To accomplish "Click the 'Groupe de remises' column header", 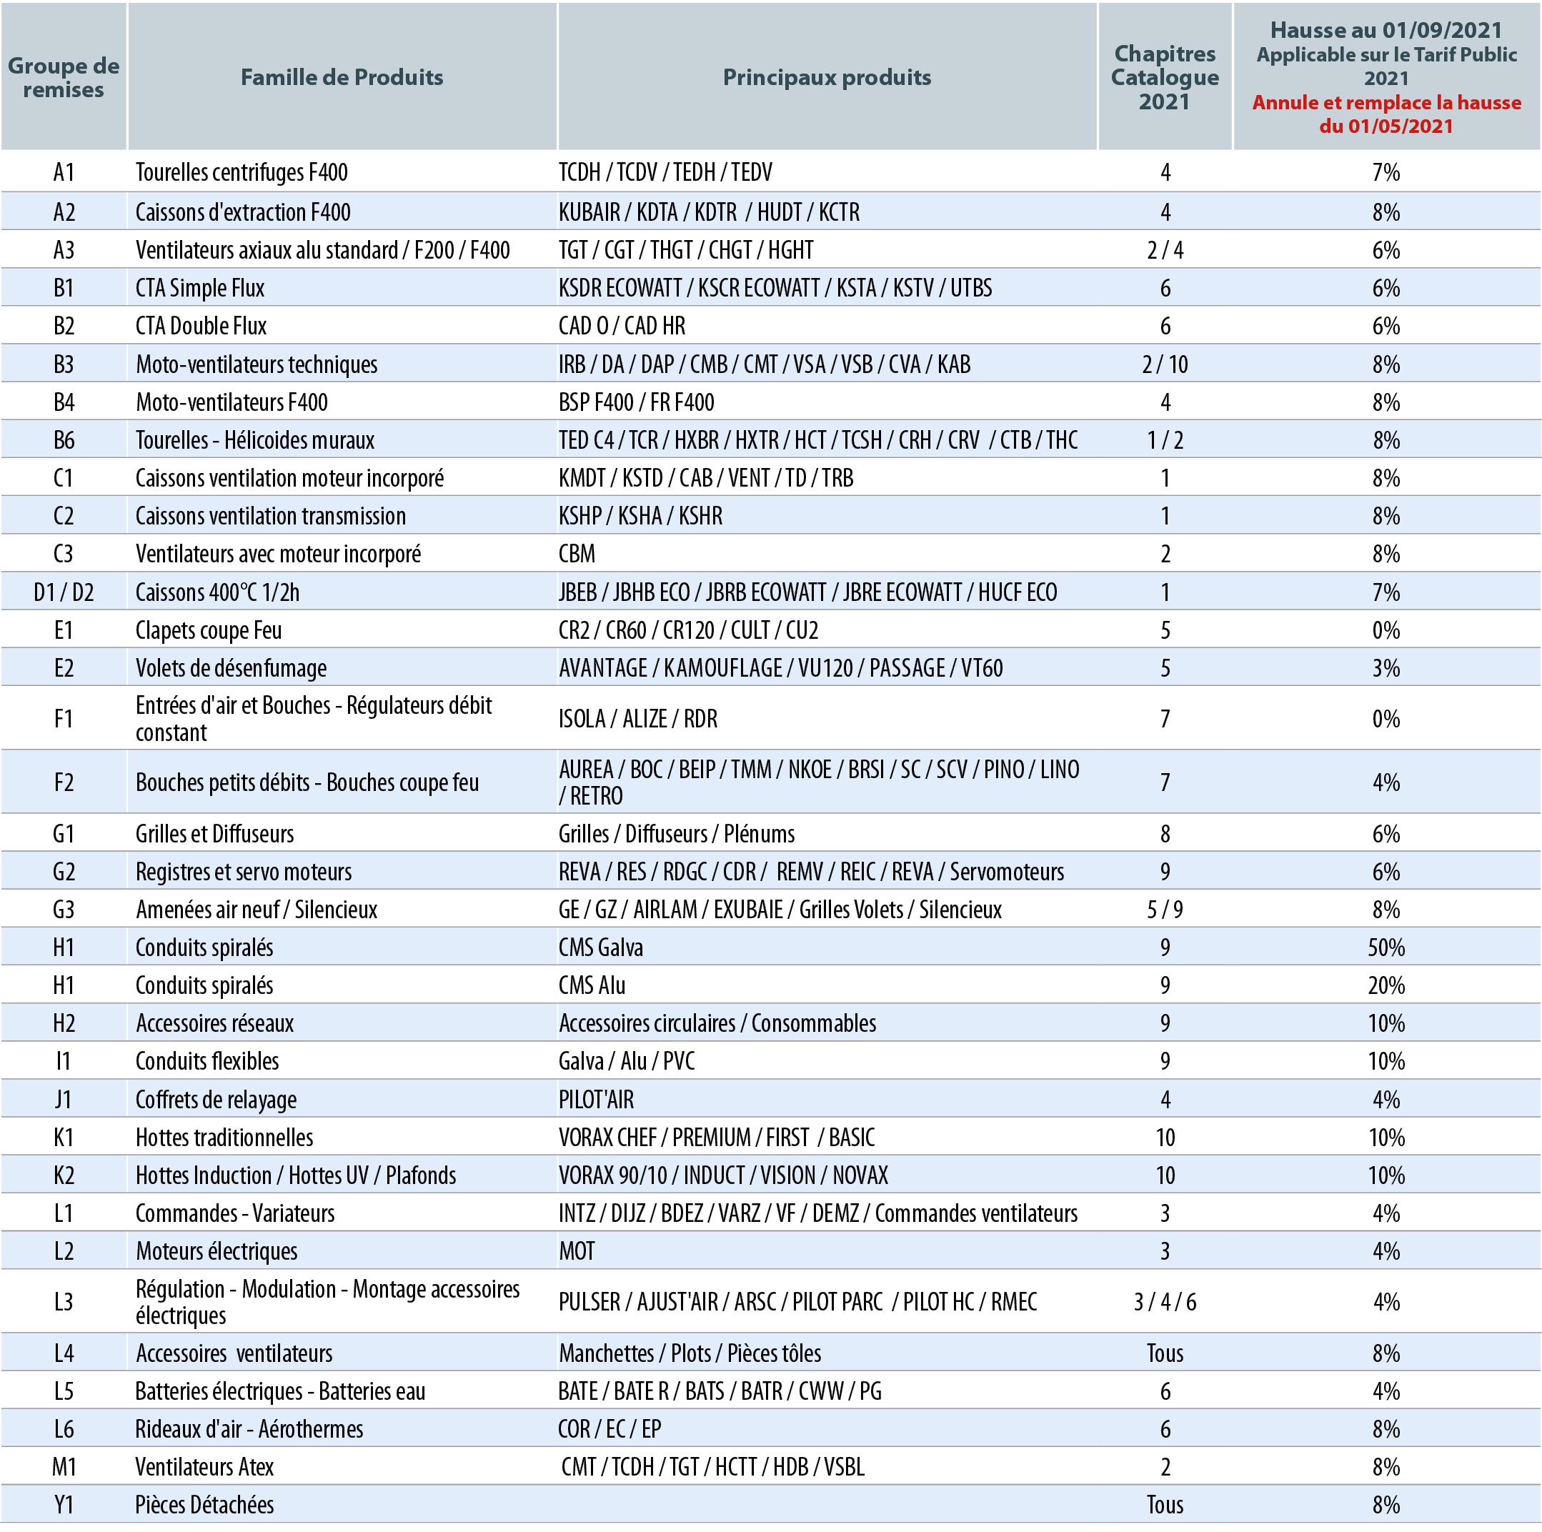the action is (64, 77).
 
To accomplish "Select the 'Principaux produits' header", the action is (827, 77).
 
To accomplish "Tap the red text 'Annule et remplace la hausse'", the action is (1386, 102).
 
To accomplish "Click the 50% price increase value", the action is (1386, 947).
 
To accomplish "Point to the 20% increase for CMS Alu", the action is (1386, 985).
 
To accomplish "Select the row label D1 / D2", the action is (64, 592).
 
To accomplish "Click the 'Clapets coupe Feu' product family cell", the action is (209, 631).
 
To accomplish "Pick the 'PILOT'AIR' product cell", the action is (596, 1099).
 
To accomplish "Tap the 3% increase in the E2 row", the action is (1386, 668).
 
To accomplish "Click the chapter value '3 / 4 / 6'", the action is (1165, 1302).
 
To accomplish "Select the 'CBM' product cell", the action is (577, 554).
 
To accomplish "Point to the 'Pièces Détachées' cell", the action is (204, 1505).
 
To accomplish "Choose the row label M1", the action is (64, 1466).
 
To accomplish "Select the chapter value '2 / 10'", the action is (1165, 365).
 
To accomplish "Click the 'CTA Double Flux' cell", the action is (201, 327).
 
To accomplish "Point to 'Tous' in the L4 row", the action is (1165, 1353).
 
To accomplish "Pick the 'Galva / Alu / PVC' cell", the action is (627, 1061).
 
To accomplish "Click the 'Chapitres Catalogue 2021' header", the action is (1165, 77).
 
